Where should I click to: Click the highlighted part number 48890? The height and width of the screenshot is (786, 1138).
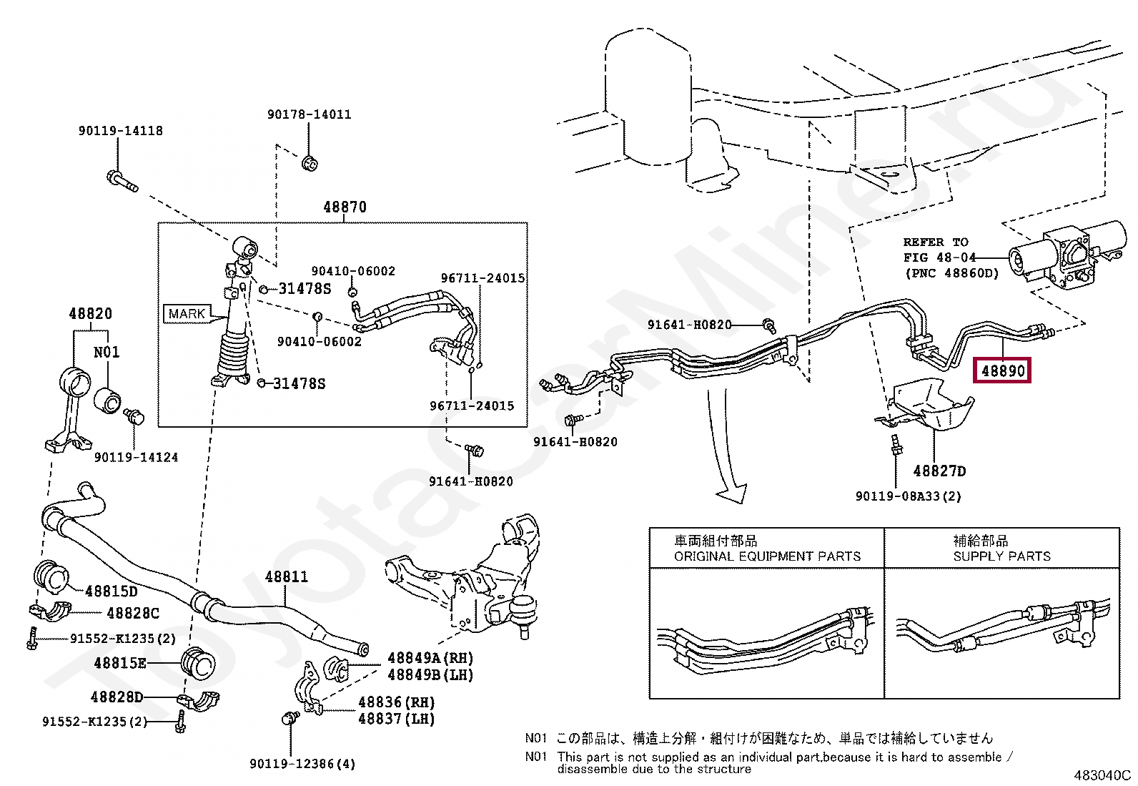coord(1002,370)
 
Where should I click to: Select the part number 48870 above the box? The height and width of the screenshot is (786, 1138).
coord(345,207)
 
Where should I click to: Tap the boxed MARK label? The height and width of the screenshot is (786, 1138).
coord(187,314)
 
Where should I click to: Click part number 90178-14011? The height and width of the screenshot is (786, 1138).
coord(310,114)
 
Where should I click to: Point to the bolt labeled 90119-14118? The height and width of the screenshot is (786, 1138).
coord(122,182)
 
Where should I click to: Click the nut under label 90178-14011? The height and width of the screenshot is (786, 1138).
coord(310,164)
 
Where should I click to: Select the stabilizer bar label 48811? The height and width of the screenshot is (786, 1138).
coord(287,576)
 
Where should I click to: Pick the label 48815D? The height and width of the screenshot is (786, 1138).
coord(112,591)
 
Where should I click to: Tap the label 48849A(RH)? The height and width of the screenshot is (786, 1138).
coord(430,659)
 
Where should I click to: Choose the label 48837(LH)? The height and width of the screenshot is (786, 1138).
coord(397,719)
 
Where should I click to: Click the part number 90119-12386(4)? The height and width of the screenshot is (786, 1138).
coord(302,764)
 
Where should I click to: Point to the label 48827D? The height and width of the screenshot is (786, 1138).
coord(939,471)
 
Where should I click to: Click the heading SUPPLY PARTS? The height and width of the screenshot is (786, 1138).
coord(1002,556)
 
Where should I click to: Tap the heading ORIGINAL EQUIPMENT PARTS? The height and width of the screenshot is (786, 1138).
coord(767,556)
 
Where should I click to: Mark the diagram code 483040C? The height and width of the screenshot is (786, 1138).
coord(1102,775)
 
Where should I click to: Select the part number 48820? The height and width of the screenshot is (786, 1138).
coord(91,314)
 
